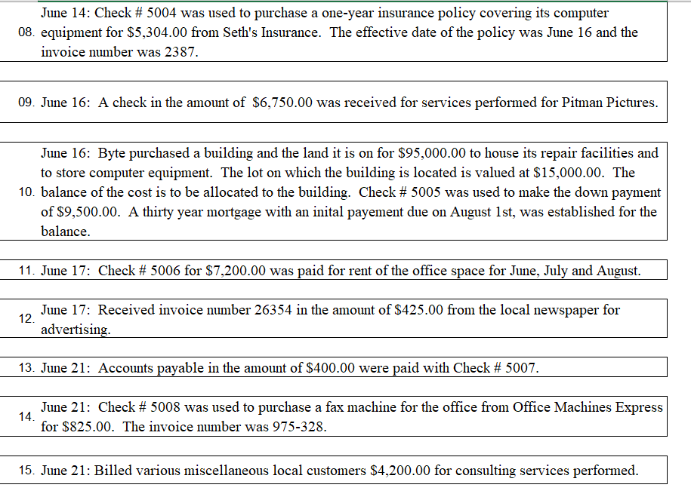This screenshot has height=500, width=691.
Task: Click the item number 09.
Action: click(25, 103)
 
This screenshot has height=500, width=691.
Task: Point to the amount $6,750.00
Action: click(282, 103)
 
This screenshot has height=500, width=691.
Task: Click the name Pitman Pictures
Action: click(609, 103)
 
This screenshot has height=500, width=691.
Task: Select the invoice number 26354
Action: click(287, 310)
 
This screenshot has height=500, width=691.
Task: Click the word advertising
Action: click(76, 330)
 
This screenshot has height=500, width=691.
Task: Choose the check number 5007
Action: click(521, 368)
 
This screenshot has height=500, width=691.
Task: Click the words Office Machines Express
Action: click(588, 407)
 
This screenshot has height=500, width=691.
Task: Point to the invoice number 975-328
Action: click(299, 427)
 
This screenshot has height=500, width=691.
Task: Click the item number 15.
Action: click(25, 471)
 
